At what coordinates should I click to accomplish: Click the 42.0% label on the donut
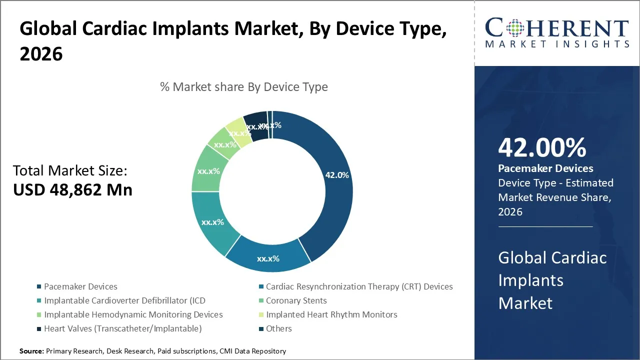pos(337,175)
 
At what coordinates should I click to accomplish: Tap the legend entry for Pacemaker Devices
pos(80,286)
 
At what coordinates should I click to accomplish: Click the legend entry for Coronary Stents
pos(296,300)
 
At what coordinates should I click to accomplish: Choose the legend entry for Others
pos(278,328)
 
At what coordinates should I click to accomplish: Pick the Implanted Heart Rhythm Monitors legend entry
pos(331,314)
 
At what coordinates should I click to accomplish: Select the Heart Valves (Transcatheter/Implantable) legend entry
pos(122,328)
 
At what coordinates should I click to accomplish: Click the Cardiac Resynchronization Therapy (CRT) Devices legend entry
pos(359,286)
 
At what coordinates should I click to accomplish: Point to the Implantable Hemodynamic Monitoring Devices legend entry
pos(133,314)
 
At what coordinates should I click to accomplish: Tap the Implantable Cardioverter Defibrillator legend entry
pos(124,300)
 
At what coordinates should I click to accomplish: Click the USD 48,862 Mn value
pos(72,190)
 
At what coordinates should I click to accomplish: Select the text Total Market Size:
pos(70,171)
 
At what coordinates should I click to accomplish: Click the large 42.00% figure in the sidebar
pos(542,148)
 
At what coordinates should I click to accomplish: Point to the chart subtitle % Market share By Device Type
pos(244,87)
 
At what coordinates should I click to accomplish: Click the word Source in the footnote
pos(31,351)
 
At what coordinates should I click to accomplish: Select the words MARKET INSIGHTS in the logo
pos(556,44)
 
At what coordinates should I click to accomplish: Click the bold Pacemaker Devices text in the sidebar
pos(545,168)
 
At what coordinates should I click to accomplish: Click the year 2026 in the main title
pos(41,54)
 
